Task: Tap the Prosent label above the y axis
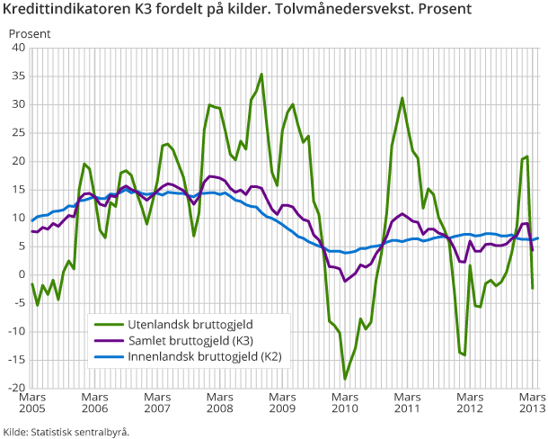(30, 33)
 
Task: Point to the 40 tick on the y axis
(18, 48)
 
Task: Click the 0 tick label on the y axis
(22, 274)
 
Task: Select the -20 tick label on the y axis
(16, 388)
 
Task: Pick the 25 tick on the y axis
(18, 132)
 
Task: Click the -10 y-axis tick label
(16, 331)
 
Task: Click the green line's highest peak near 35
(261, 75)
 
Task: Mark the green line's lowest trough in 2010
(344, 379)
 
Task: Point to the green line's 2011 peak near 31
(402, 98)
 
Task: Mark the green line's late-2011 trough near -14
(464, 354)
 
